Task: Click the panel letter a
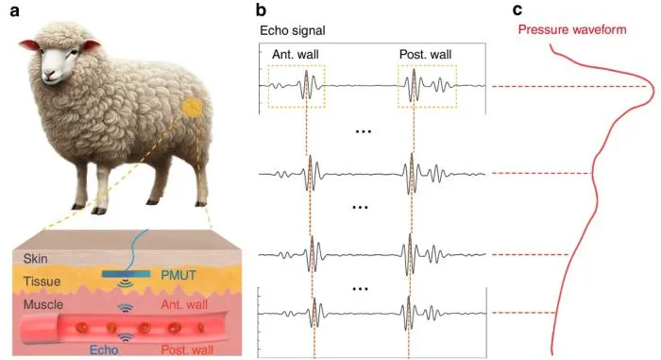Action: pos(14,11)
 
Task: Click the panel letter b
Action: pos(261,9)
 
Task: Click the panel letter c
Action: pos(517,10)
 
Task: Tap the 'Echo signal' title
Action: pos(293,30)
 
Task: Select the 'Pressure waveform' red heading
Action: pos(572,29)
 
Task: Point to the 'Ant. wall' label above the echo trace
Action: pos(295,55)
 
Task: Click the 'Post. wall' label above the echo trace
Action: pos(425,55)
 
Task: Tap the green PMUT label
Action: pos(178,275)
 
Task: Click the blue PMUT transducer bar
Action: pos(126,274)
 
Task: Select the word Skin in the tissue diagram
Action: pos(36,258)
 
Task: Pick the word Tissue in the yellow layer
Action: pos(42,281)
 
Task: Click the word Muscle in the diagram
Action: pos(43,304)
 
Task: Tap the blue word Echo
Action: pos(104,350)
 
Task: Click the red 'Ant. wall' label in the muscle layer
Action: pos(184,304)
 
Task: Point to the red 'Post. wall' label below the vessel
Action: pos(187,350)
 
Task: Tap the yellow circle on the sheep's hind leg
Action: pos(192,107)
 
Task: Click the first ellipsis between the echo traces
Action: pos(364,131)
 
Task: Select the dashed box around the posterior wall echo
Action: pos(398,87)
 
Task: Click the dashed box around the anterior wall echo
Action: pos(268,87)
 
